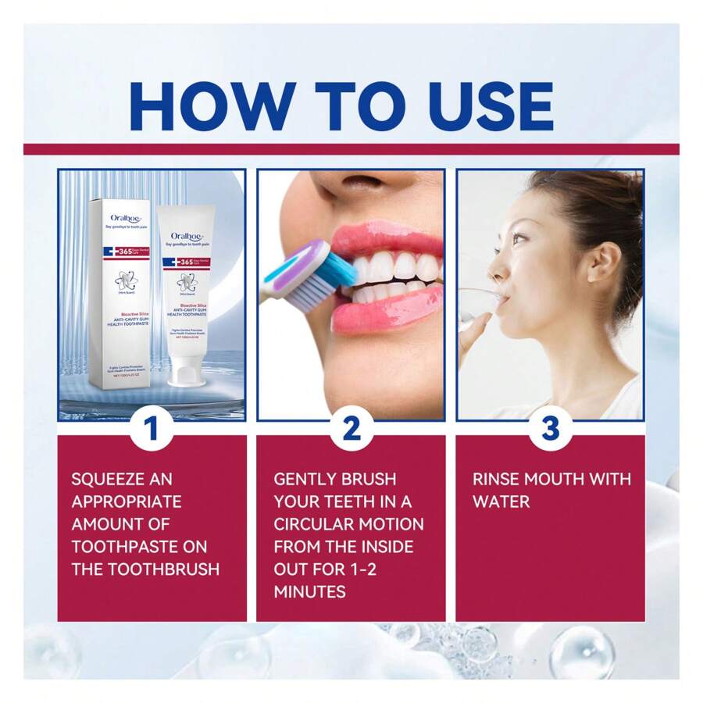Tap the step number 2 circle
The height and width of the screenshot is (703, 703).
pyautogui.click(x=351, y=428)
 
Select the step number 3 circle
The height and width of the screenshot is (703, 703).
pyautogui.click(x=550, y=428)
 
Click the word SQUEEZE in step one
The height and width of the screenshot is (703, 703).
pyautogui.click(x=111, y=479)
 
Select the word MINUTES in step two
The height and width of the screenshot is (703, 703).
pyautogui.click(x=309, y=591)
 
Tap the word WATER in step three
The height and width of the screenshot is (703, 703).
pyautogui.click(x=501, y=501)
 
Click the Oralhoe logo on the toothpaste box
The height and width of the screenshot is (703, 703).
pyautogui.click(x=124, y=219)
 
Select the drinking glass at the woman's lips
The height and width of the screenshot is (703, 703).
pyautogui.click(x=476, y=301)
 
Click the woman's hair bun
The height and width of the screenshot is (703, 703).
pyautogui.click(x=617, y=203)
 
